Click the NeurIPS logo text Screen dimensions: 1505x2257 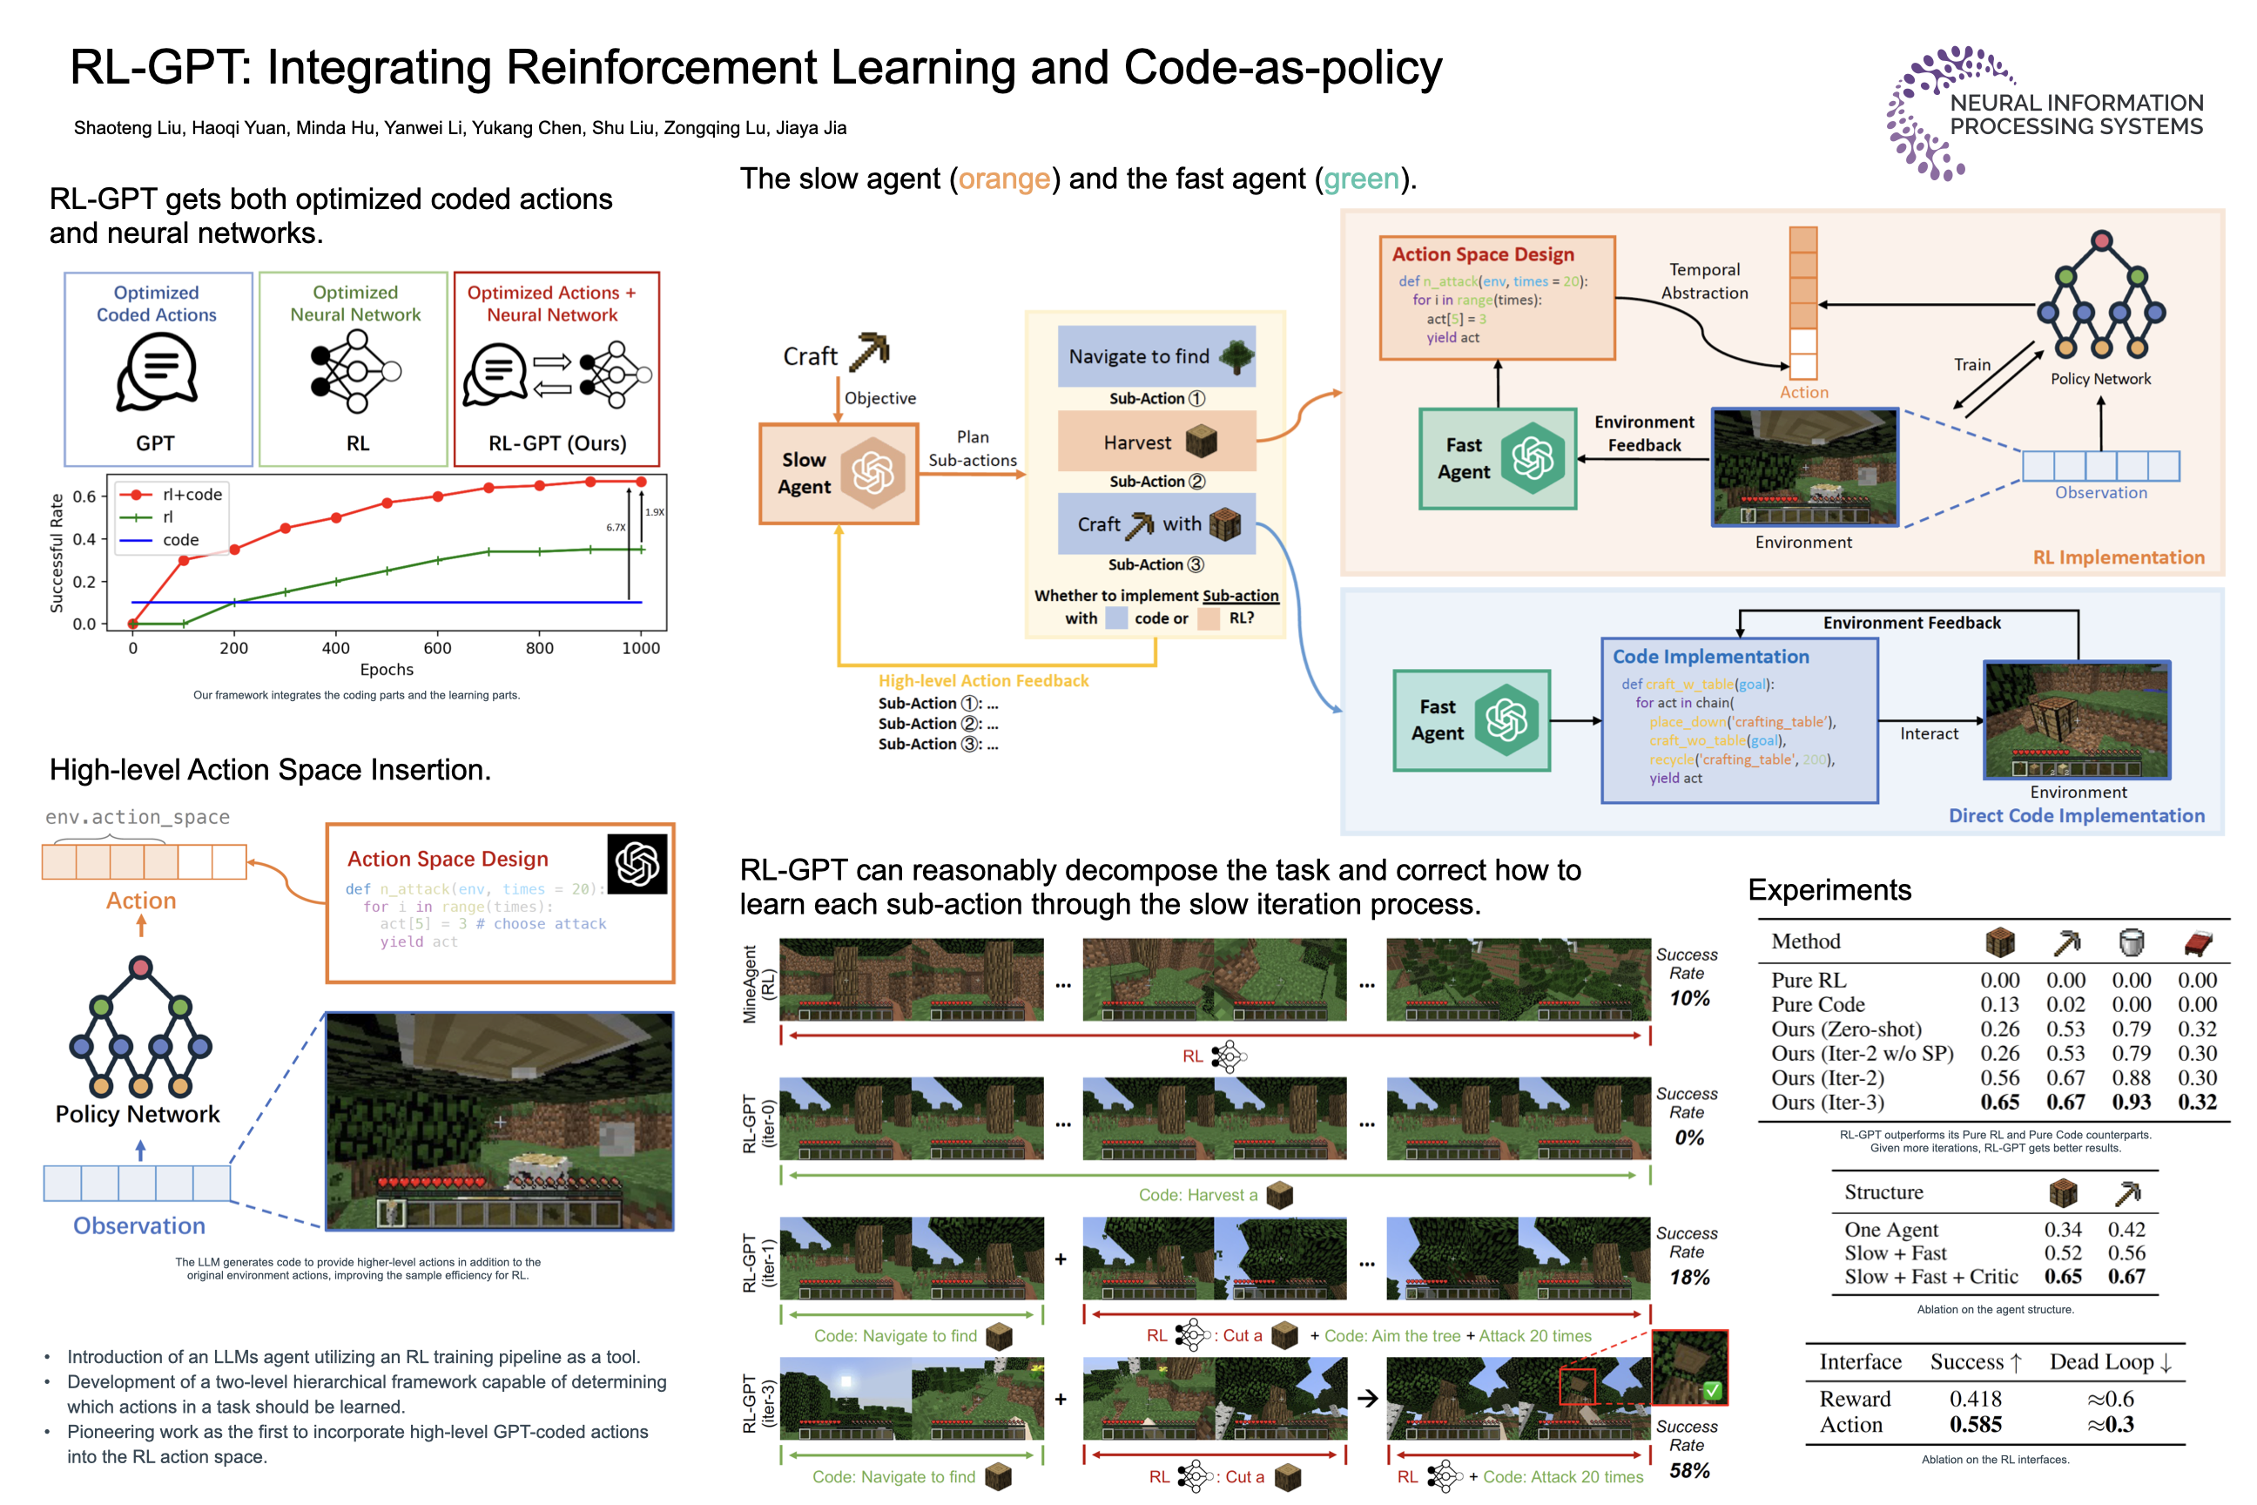pyautogui.click(x=2076, y=115)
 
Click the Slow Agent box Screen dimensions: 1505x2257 pyautogui.click(x=838, y=474)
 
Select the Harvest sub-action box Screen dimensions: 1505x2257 pyautogui.click(x=1156, y=442)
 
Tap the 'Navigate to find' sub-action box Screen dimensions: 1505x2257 pyautogui.click(x=1156, y=356)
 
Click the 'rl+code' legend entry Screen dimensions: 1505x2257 pyautogui.click(x=191, y=495)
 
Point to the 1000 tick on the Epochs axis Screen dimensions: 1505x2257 pyautogui.click(x=641, y=648)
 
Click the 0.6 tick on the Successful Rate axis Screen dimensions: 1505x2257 pyautogui.click(x=84, y=496)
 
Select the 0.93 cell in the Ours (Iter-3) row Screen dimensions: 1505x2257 pyautogui.click(x=2131, y=1102)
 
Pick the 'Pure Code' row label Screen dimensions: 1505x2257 pyautogui.click(x=1817, y=1004)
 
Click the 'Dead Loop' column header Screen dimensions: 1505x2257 pyautogui.click(x=2110, y=1362)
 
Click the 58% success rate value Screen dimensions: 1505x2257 pyautogui.click(x=1689, y=1470)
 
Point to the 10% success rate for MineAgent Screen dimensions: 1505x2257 pyautogui.click(x=1689, y=998)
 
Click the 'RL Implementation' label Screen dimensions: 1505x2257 pyautogui.click(x=2118, y=557)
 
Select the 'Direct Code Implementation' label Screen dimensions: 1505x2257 pyautogui.click(x=2076, y=816)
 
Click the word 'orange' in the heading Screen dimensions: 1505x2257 pyautogui.click(x=1004, y=179)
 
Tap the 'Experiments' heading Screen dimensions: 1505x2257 pyautogui.click(x=1829, y=890)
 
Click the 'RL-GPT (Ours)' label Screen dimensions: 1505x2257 pyautogui.click(x=556, y=443)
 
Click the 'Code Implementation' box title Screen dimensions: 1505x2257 pyautogui.click(x=1710, y=657)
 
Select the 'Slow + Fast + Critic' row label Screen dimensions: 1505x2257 pyautogui.click(x=1930, y=1277)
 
